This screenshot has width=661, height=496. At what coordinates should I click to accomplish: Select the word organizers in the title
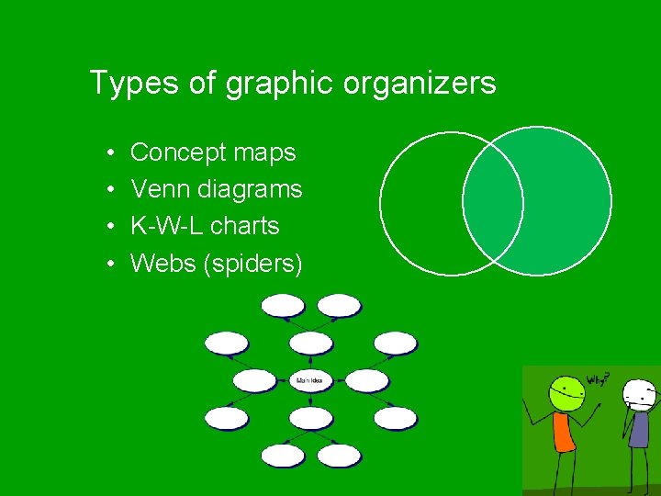coord(420,85)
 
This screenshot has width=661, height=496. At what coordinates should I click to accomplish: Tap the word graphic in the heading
coord(280,85)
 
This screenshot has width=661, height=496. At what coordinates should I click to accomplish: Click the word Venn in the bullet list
coord(155,189)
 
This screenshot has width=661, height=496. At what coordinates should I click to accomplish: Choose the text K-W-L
coord(164,226)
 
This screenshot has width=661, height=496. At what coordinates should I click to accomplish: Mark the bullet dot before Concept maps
coord(109,153)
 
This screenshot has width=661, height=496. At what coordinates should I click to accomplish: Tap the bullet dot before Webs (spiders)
coord(109,265)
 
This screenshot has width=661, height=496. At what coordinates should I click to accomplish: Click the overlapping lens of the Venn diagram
coord(493,203)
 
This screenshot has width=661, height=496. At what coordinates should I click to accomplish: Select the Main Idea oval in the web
coord(310,380)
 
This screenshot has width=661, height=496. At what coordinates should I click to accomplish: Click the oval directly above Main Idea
coord(310,344)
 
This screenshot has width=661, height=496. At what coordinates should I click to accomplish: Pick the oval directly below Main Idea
coord(310,418)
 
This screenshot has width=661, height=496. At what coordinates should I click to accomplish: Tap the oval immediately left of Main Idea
coord(254,380)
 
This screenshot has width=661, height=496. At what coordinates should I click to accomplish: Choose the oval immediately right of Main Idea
coord(367,380)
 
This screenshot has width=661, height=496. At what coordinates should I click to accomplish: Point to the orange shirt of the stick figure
coord(564,432)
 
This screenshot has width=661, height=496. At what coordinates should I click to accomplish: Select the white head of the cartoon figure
coord(639,395)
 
